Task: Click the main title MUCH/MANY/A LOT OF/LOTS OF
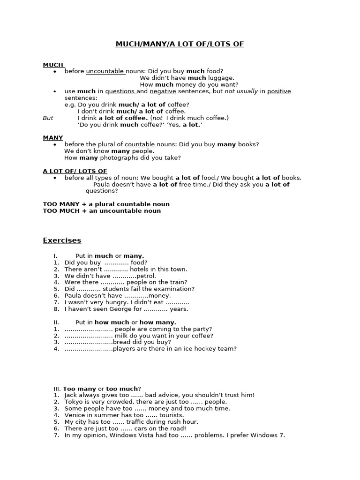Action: click(x=180, y=44)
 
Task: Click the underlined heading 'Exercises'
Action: click(x=62, y=240)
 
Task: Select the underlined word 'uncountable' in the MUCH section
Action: click(x=105, y=71)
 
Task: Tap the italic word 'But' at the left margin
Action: click(x=48, y=118)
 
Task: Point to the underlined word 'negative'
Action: click(x=163, y=91)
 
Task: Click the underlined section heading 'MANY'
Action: click(x=52, y=138)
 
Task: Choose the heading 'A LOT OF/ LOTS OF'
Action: click(x=75, y=171)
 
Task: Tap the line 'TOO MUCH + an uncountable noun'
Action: click(x=102, y=211)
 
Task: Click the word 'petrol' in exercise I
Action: click(x=146, y=276)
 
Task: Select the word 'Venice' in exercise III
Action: click(x=75, y=415)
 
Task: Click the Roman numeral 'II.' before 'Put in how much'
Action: click(x=57, y=322)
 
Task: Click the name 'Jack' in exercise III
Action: click(x=71, y=395)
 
